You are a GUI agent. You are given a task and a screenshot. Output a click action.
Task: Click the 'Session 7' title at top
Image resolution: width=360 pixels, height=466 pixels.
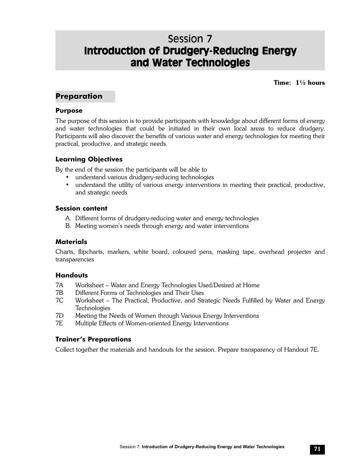(x=190, y=39)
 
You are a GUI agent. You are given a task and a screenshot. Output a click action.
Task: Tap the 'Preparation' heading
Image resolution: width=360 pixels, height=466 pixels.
(x=79, y=96)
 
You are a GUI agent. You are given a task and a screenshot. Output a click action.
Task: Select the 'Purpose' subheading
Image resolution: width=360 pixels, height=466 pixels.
(x=69, y=111)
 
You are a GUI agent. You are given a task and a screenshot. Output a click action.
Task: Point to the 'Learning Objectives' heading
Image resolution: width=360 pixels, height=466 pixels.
(x=89, y=159)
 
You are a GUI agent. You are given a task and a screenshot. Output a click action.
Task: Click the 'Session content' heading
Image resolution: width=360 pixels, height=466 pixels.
(x=81, y=208)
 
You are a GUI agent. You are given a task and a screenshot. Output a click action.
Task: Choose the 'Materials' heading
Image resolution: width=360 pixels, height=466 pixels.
(x=71, y=242)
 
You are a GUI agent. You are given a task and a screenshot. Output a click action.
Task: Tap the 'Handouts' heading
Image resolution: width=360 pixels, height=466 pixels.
(x=72, y=275)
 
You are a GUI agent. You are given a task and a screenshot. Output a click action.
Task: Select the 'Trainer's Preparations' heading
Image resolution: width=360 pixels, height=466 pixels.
(x=93, y=339)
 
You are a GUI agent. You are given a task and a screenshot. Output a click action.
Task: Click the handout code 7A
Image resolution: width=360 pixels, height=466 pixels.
(x=59, y=285)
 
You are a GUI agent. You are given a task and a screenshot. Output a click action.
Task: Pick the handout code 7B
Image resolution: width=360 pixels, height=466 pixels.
(x=59, y=293)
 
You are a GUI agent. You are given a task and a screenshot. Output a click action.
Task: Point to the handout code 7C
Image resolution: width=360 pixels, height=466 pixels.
(x=59, y=300)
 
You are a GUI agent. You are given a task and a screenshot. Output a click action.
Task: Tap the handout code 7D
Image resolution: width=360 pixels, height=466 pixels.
(x=59, y=316)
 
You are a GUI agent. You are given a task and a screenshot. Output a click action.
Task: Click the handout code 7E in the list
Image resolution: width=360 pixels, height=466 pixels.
(x=59, y=323)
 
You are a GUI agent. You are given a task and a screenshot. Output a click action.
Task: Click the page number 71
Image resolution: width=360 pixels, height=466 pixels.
(x=317, y=449)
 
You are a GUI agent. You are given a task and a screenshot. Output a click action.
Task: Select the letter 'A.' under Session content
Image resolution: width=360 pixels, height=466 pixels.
(x=68, y=218)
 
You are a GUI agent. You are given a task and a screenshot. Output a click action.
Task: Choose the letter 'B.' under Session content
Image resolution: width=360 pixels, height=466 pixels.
(x=68, y=226)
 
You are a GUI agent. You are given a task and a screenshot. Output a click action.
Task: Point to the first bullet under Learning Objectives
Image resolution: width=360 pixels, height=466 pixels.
(x=67, y=177)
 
